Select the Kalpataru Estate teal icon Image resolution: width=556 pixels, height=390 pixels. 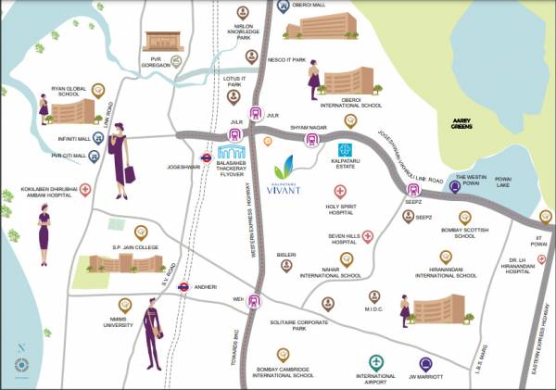click(x=345, y=149)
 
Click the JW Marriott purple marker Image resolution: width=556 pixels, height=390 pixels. click(x=425, y=363)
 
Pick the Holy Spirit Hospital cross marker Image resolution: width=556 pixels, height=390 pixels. click(x=353, y=192)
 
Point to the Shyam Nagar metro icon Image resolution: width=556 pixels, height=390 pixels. click(x=312, y=141)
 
